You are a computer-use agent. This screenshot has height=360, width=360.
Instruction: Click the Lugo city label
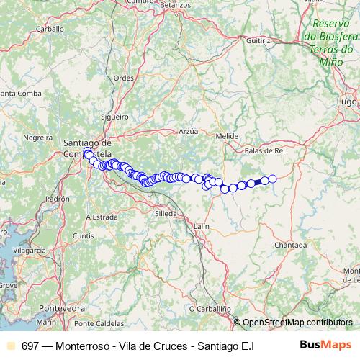(346, 102)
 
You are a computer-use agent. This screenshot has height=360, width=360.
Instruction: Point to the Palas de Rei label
(266, 150)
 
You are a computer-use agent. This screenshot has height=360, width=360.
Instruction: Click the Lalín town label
(201, 226)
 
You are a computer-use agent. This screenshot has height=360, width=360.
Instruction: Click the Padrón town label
(55, 199)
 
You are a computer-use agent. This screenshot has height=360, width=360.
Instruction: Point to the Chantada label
(290, 245)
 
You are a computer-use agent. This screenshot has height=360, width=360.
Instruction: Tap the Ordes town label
(123, 78)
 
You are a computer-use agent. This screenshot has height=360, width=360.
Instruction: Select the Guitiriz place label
(258, 42)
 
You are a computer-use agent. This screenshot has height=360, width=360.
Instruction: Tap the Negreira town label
(38, 136)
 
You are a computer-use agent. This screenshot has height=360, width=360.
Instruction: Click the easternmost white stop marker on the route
(272, 179)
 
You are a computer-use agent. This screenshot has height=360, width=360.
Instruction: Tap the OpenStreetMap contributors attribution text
(297, 323)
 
